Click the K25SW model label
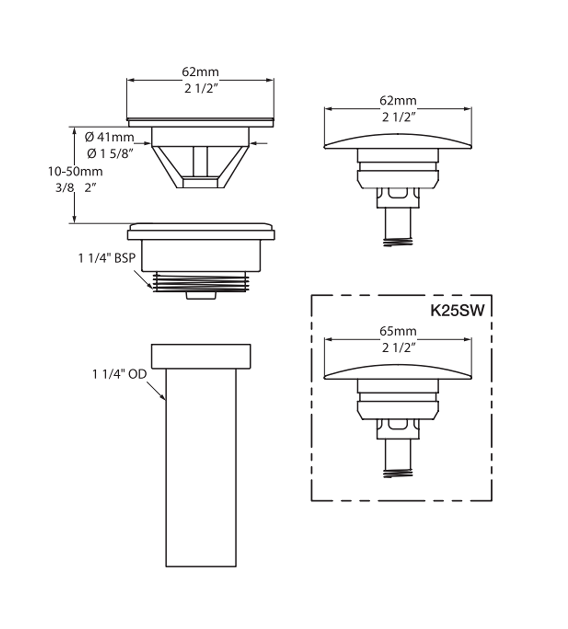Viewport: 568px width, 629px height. tap(457, 311)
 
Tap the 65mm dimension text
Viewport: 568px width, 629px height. tap(398, 331)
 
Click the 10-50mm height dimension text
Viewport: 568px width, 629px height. tap(75, 171)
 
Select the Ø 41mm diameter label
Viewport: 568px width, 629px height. tap(109, 137)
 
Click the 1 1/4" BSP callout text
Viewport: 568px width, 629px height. tap(107, 258)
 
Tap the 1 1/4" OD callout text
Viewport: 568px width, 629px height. tap(120, 374)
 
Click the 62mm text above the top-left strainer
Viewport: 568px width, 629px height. tap(200, 72)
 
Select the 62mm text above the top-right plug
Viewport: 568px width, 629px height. tap(398, 100)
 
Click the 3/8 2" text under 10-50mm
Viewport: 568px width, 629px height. tap(76, 188)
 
